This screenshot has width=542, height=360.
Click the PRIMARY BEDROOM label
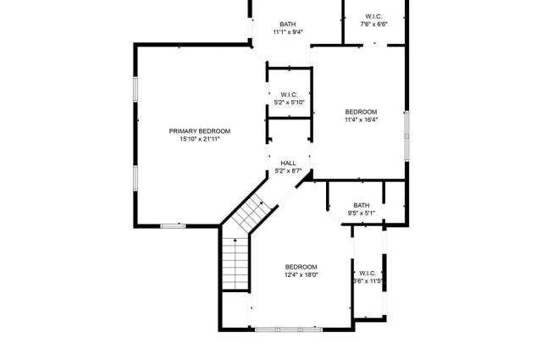200,131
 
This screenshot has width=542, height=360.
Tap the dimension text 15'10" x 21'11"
200,139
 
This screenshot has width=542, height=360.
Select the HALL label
288,163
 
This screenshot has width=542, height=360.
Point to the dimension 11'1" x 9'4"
288,32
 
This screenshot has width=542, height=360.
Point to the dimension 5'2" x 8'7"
288,171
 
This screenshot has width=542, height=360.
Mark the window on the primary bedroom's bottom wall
173,226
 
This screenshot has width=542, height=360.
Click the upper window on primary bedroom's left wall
135,89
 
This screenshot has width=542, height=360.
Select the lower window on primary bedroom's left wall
135,178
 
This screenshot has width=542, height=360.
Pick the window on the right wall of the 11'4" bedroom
406,136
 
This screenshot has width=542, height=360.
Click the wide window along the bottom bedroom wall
289,330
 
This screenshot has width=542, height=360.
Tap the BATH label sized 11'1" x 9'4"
288,25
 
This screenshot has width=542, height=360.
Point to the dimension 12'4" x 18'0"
301,275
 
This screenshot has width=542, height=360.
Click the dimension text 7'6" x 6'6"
373,25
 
